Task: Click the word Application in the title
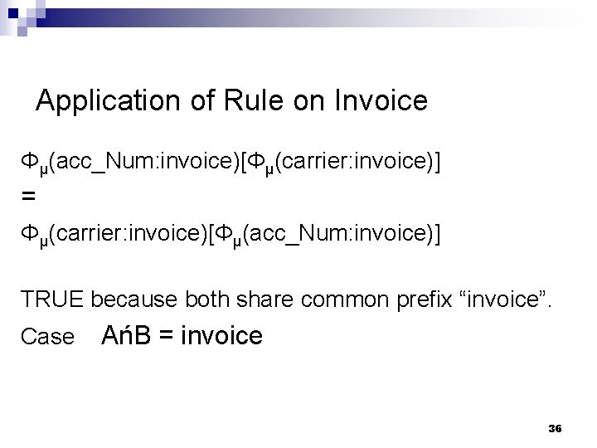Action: click(x=101, y=101)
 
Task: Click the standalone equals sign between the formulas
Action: click(x=29, y=197)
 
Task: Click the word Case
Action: click(x=47, y=338)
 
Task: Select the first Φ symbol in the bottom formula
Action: click(x=29, y=235)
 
